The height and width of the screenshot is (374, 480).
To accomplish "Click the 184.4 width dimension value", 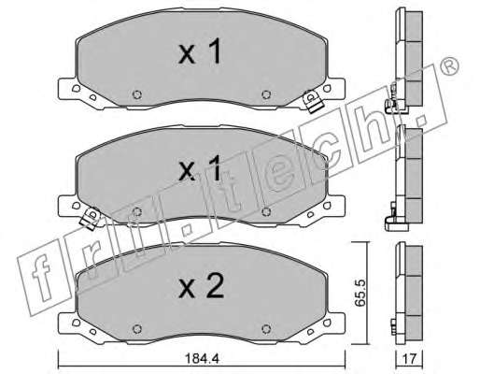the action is point(202,359).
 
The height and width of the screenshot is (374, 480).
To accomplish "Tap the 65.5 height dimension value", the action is point(360,293).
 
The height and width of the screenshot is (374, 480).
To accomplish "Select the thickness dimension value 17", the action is point(409,359).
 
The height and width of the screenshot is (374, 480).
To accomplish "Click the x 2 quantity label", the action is point(201,287).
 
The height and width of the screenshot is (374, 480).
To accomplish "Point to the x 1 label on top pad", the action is point(200,51).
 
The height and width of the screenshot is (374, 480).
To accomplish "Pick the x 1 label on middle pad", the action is point(200,169).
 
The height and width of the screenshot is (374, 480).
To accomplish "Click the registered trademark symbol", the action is point(449,65).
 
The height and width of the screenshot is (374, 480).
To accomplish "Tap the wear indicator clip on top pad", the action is point(313,102).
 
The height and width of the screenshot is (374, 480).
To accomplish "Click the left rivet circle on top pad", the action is point(137,94).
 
